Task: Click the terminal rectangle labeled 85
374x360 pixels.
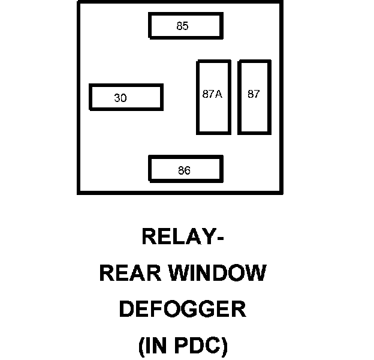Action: [x=186, y=26]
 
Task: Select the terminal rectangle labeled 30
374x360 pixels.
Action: [x=126, y=97]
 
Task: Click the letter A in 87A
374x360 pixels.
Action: [x=219, y=94]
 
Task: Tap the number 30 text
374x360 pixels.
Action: [x=120, y=98]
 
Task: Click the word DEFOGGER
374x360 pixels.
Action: [x=182, y=310]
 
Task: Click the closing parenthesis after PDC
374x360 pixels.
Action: [x=224, y=347]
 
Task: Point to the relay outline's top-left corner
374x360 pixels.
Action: [x=79, y=2]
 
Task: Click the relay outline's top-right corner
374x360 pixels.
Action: [x=282, y=2]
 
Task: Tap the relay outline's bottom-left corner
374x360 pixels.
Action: [x=79, y=193]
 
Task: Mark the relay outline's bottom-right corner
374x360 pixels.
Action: [x=282, y=193]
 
